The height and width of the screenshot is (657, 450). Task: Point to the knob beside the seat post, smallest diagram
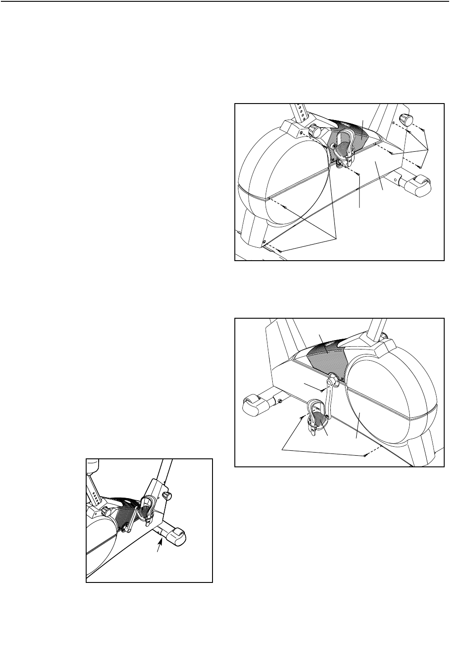(x=107, y=511)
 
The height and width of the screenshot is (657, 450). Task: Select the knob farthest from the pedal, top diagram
(x=406, y=120)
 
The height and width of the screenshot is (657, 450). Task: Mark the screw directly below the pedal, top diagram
(x=359, y=172)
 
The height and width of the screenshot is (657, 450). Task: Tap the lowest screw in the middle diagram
(x=365, y=455)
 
